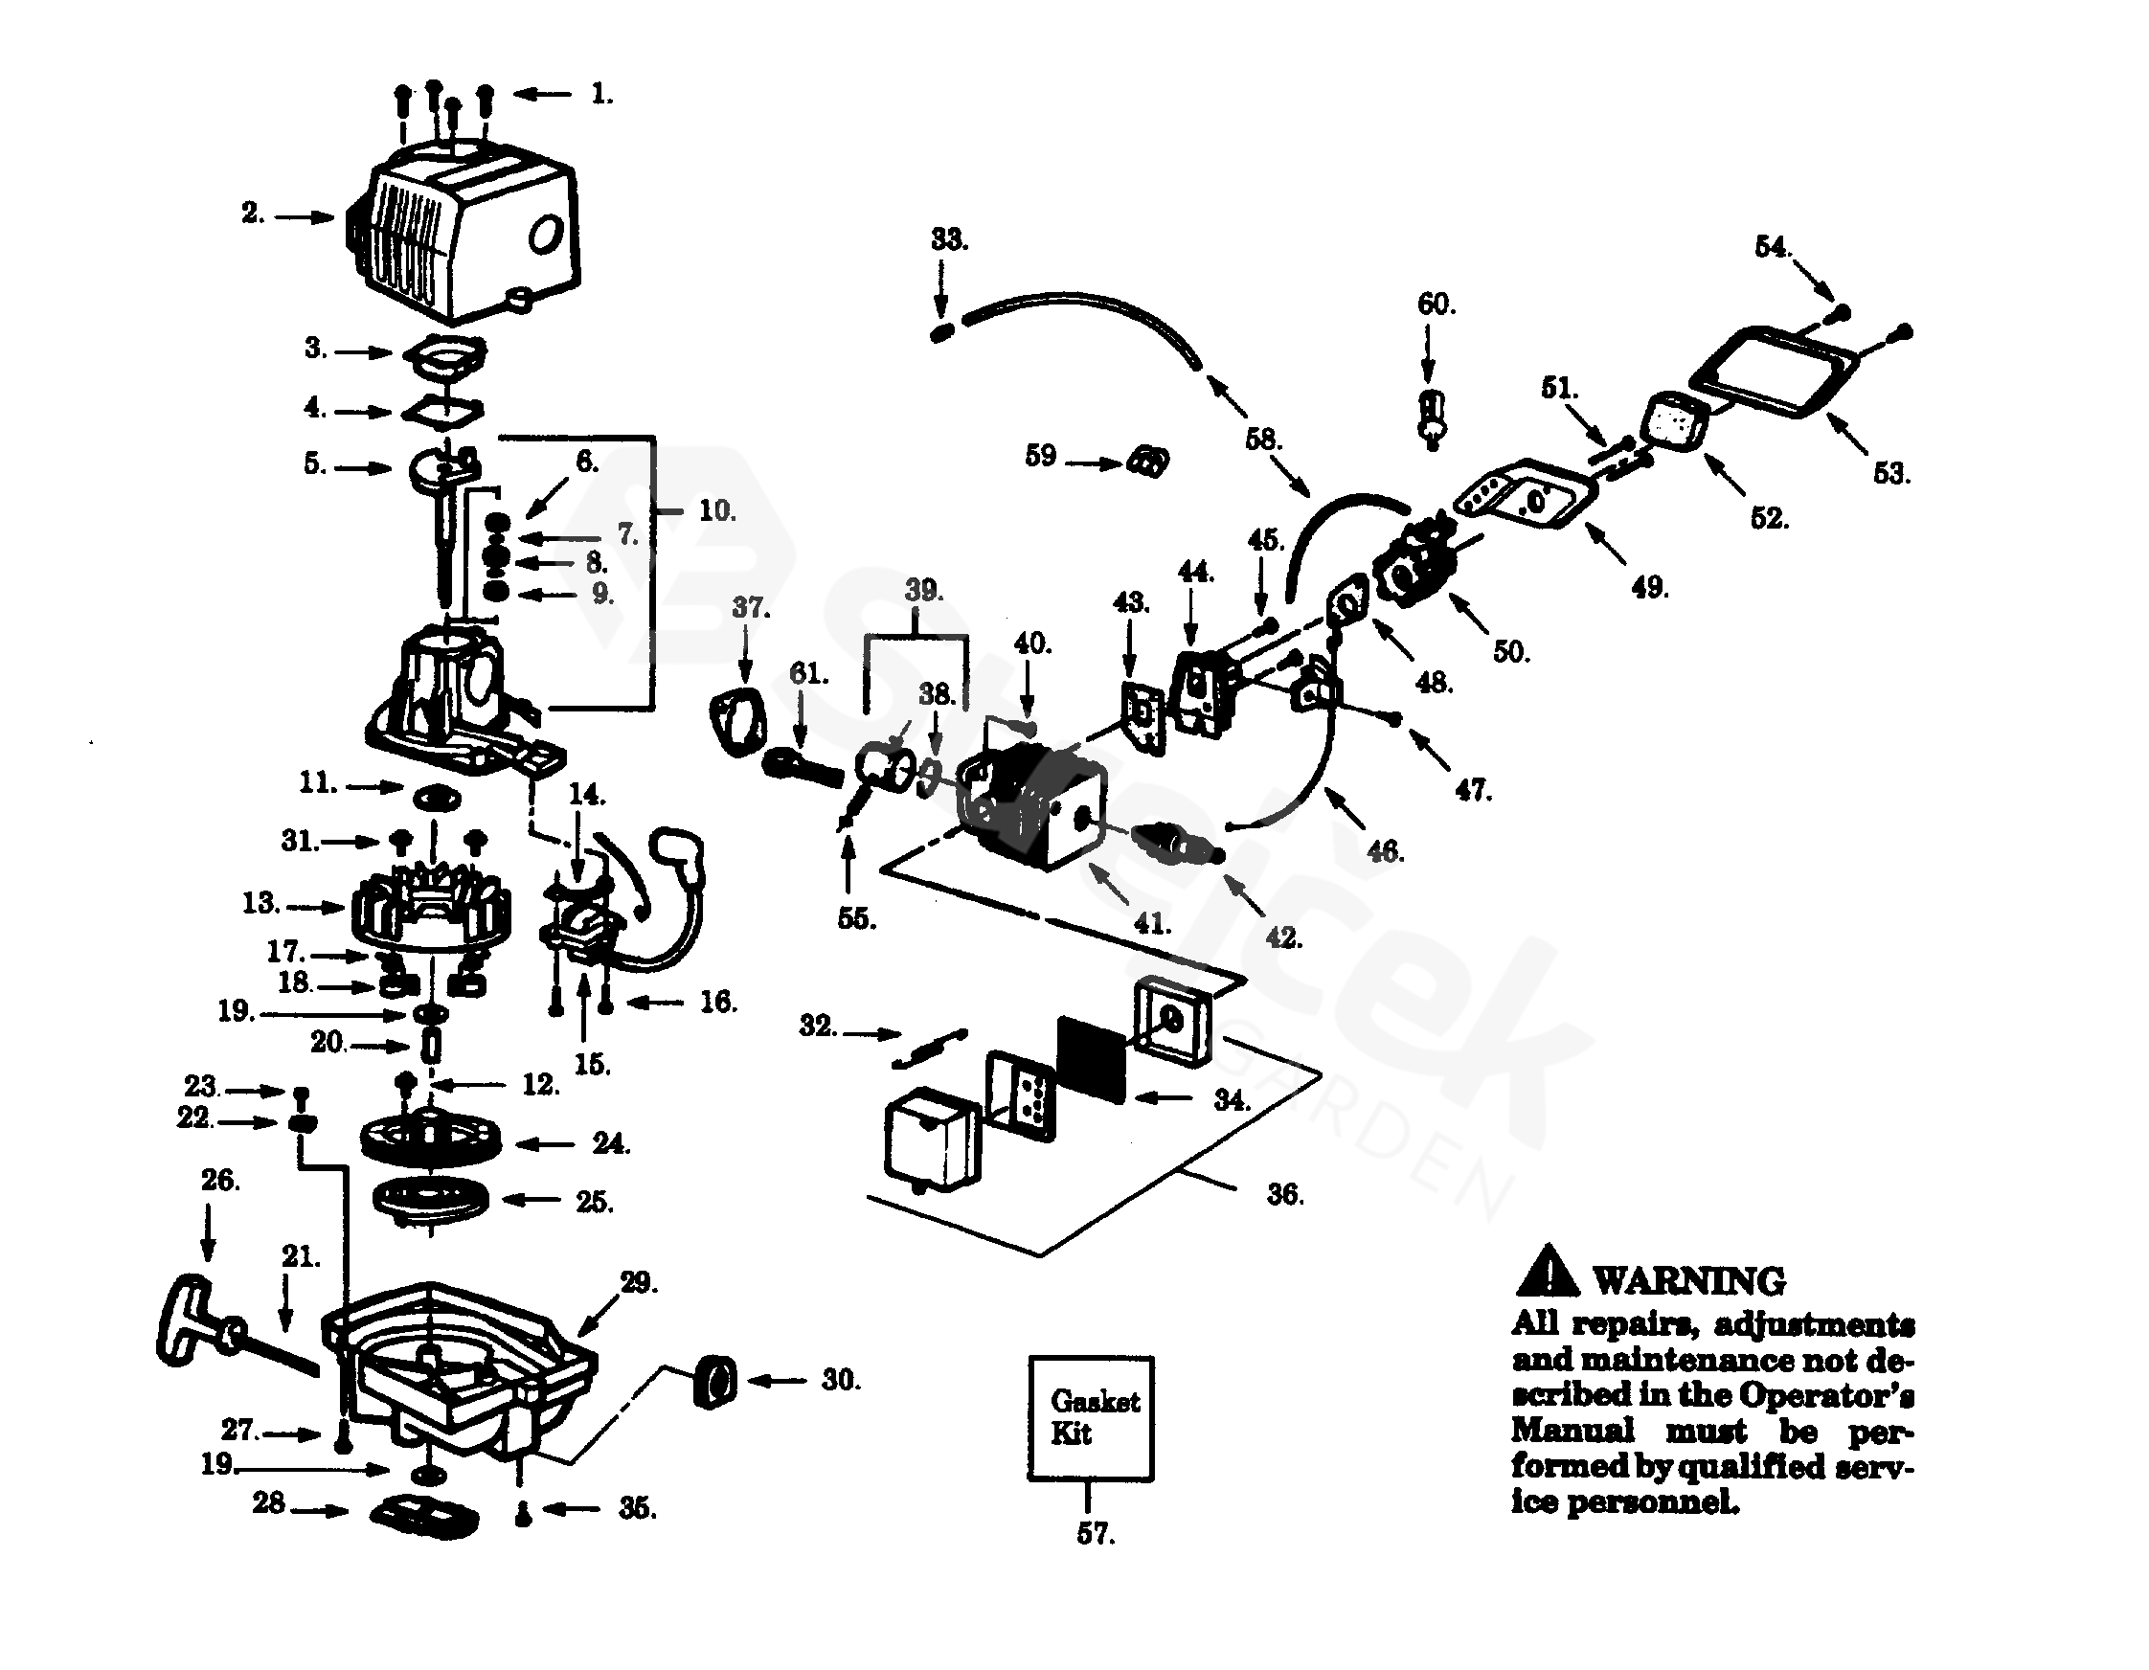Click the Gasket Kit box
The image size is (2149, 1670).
(1090, 1418)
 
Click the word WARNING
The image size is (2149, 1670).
(1688, 1281)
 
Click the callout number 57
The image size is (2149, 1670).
(1096, 1534)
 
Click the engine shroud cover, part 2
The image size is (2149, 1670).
(463, 234)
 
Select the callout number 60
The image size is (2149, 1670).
(1436, 305)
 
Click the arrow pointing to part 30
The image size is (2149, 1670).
(778, 1381)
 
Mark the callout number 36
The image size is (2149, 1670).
(1284, 1195)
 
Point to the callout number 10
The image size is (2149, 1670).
(716, 510)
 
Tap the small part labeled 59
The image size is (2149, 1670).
(1148, 461)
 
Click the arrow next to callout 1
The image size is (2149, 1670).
(541, 95)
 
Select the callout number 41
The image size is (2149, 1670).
(1151, 923)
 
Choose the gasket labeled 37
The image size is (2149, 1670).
(738, 723)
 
